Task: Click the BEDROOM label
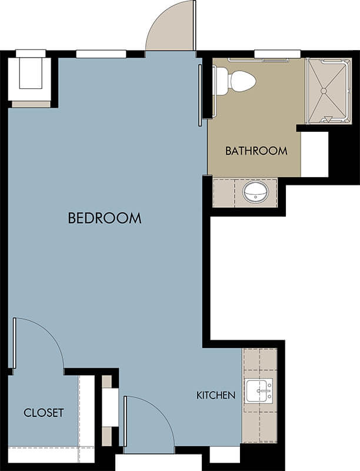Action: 105,218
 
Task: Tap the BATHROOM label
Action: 256,151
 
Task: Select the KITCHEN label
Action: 216,395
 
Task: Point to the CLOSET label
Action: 44,413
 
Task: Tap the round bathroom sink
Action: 255,192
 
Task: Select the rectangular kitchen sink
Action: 259,390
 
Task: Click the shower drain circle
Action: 324,91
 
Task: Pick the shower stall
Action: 328,91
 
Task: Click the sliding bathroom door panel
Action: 200,95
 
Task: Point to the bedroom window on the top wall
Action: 101,54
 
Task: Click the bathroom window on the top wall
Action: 277,54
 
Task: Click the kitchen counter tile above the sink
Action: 259,359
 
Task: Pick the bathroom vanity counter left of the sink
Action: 224,193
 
